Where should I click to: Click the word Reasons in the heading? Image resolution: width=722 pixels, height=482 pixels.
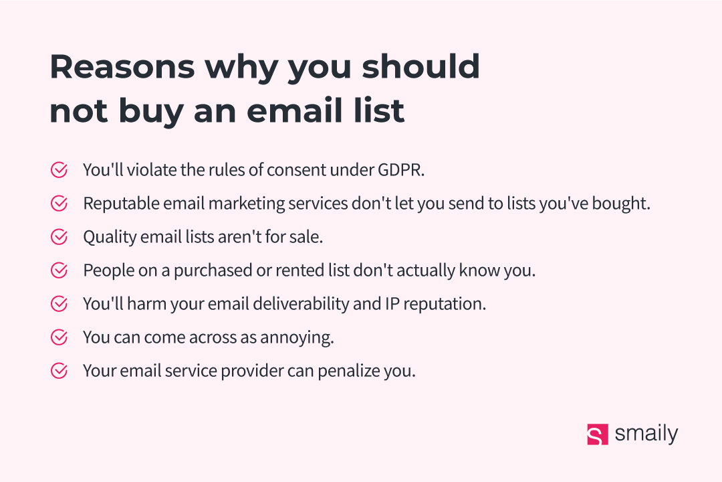coord(122,67)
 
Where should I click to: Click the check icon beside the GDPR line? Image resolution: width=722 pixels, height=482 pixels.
coord(59,170)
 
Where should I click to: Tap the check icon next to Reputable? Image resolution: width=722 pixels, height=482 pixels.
coord(59,204)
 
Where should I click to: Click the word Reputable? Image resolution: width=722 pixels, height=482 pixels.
coord(121,204)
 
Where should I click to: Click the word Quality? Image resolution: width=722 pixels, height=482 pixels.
coord(110,238)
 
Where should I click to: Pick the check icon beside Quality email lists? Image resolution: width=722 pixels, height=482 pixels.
coord(59,236)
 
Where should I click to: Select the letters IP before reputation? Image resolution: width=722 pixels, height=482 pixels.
coord(392,304)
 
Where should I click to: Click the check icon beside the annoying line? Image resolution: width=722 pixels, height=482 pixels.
coord(59,337)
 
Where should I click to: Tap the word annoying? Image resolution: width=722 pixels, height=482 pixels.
coord(297,338)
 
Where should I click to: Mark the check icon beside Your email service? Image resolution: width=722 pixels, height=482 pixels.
coord(59,370)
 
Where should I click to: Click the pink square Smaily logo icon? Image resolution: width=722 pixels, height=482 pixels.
coord(597,434)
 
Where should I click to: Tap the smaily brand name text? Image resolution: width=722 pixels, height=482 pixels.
coord(646,434)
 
